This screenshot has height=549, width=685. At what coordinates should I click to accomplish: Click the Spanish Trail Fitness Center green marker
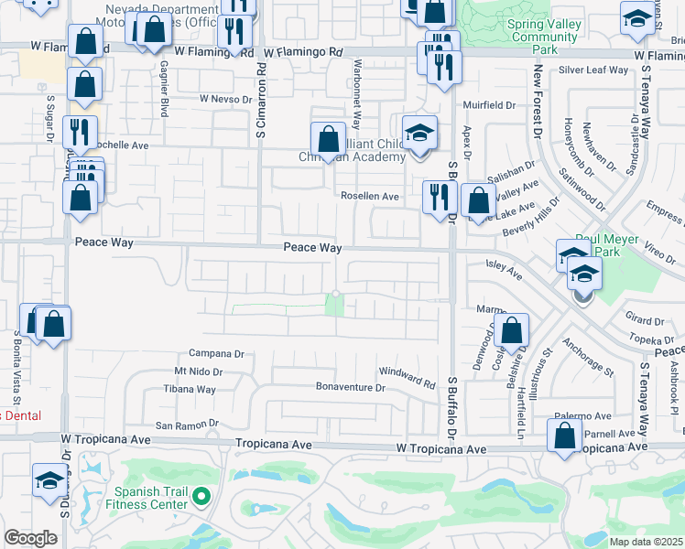coord(201,499)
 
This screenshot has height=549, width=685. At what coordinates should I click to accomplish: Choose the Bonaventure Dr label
coord(351,388)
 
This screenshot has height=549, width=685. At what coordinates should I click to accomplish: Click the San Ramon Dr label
coord(188,425)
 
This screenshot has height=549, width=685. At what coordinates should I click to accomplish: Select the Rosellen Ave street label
coord(370,196)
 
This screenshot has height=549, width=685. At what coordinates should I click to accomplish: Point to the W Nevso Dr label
coord(226,99)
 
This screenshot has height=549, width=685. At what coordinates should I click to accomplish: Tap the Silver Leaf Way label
coord(593,70)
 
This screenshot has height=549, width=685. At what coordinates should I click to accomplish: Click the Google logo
coord(31,538)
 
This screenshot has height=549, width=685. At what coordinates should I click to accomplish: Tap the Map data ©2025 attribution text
coord(647,542)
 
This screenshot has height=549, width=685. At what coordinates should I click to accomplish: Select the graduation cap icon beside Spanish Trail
coord(49,479)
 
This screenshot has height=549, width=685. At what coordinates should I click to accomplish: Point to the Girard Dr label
coord(647,321)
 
